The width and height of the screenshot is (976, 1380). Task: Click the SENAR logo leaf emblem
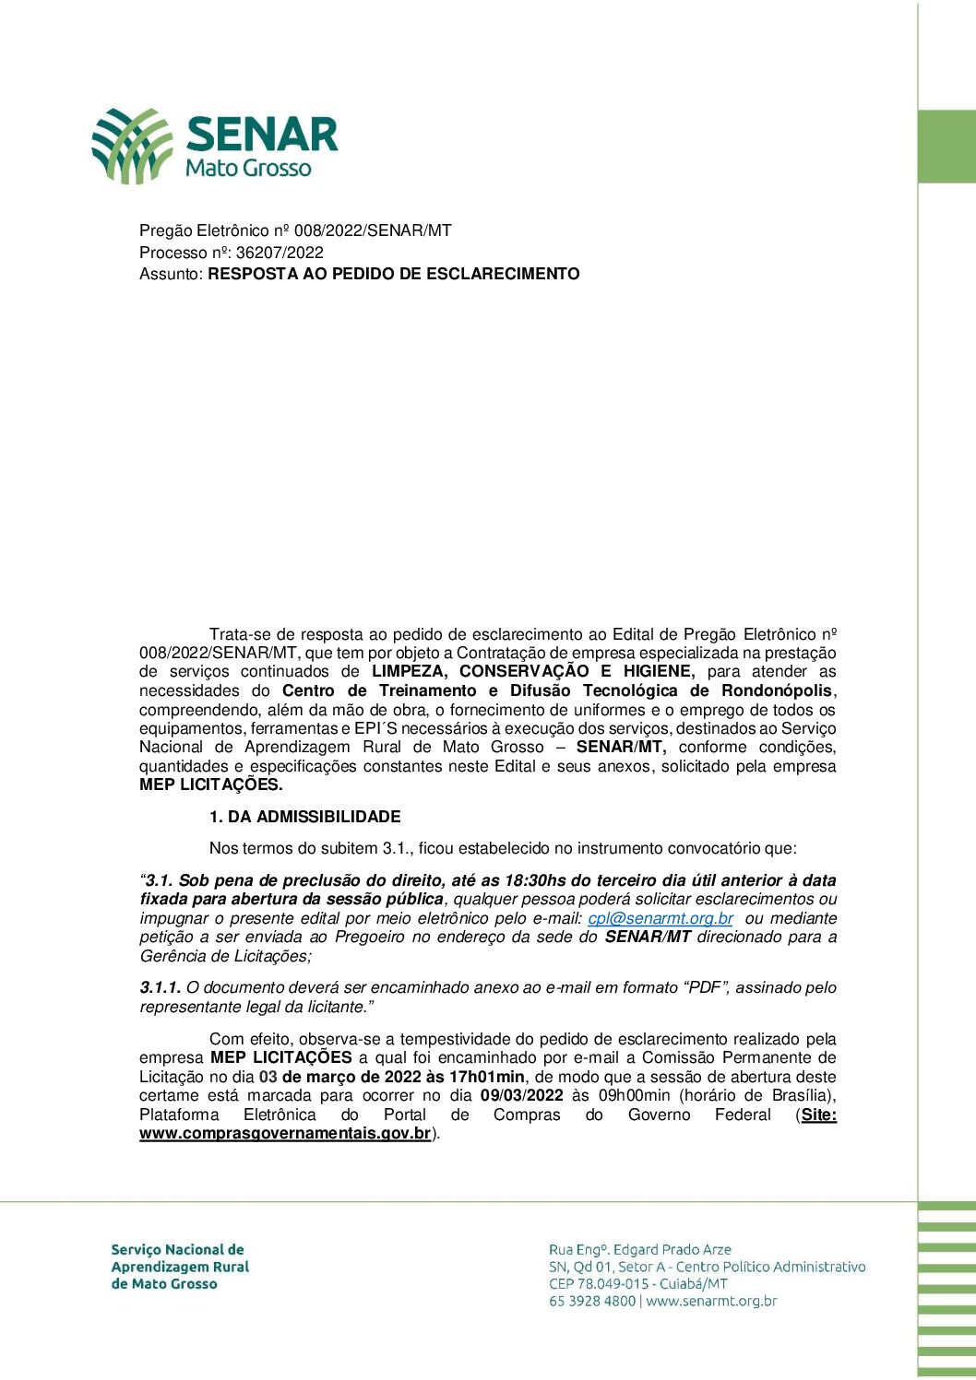coord(131,145)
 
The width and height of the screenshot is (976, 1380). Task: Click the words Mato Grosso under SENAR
coord(248,168)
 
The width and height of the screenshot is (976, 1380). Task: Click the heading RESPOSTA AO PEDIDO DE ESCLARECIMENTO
coord(394,274)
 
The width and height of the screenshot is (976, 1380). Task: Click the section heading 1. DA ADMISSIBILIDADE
coord(305,817)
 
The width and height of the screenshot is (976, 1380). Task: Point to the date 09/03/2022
coord(521,1095)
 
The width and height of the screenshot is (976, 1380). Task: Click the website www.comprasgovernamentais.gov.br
coord(285,1133)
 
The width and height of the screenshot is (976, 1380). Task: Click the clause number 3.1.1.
coord(161,987)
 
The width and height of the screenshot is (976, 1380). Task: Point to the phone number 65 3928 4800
coord(592,1302)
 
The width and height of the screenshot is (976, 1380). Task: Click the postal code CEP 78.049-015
coord(604,1284)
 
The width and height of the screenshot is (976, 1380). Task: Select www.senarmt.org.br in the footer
coord(711,1302)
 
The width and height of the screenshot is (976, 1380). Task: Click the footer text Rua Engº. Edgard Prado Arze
coord(639,1250)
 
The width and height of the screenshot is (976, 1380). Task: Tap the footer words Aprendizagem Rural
coord(180,1267)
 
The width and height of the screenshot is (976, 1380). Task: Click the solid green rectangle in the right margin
coord(946,147)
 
